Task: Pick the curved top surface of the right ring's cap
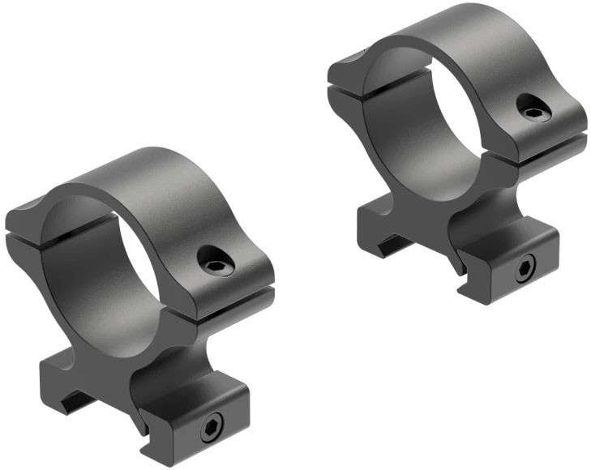pos(462,32)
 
